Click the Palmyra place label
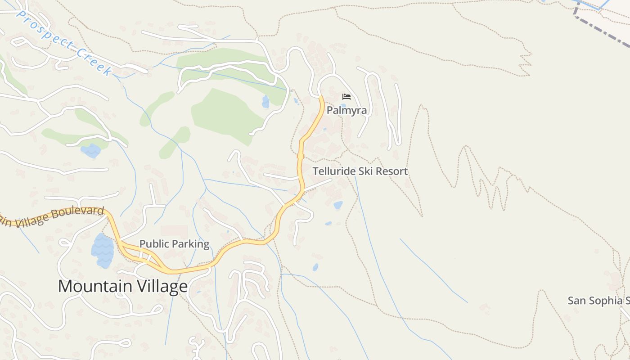(x=346, y=110)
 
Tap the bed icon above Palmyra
(x=346, y=97)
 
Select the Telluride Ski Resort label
(x=360, y=171)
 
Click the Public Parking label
(x=174, y=244)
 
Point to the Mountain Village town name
(x=123, y=287)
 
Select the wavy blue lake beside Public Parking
(x=103, y=251)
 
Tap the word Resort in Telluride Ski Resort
(x=391, y=171)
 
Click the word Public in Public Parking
(x=153, y=244)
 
